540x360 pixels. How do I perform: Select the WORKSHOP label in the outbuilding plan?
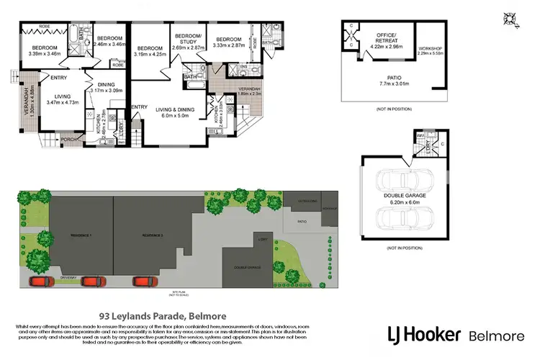432,50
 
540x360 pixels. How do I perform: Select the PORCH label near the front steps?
68,139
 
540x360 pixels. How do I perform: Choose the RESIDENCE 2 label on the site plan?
152,235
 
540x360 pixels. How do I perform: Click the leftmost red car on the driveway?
40,281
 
